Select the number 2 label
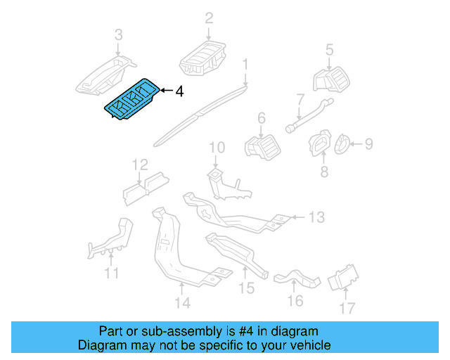(x=209, y=18)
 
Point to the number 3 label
(x=118, y=34)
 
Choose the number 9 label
(x=368, y=145)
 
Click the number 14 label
(x=182, y=303)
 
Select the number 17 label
(x=347, y=307)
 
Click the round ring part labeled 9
(x=342, y=145)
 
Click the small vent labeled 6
(x=262, y=146)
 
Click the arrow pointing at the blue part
(x=165, y=91)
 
